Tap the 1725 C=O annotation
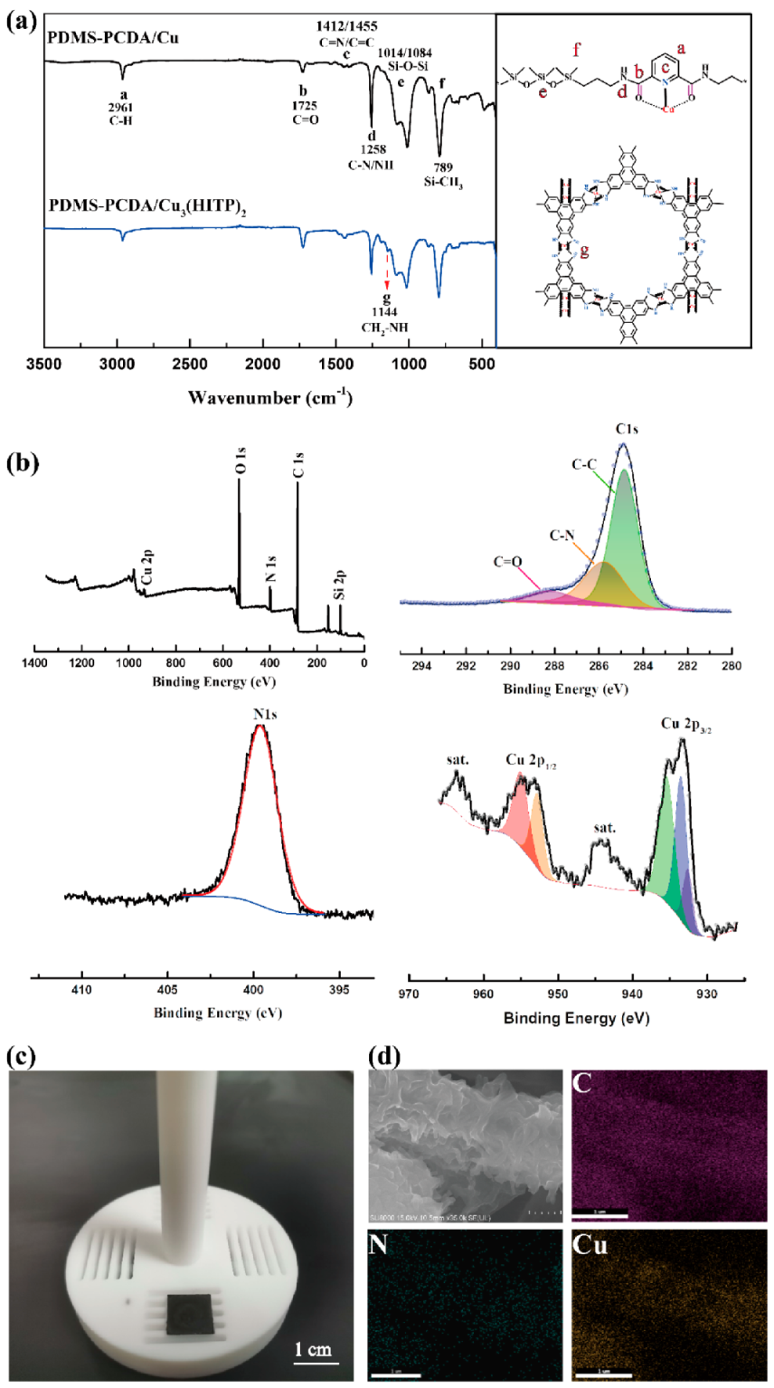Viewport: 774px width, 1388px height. click(x=305, y=105)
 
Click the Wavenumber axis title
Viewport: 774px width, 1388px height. click(x=270, y=397)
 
